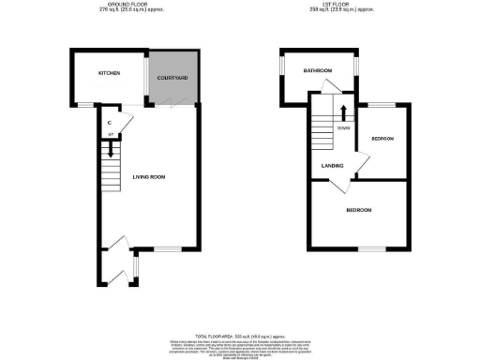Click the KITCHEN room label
108,72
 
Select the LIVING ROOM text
150,176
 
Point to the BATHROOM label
318,70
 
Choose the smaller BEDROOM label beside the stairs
382,139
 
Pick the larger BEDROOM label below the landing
359,210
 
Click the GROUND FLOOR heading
131,5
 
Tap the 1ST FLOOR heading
344,5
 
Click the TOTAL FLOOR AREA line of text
240,335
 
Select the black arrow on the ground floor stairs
111,145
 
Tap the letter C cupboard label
110,123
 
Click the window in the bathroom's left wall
282,67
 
